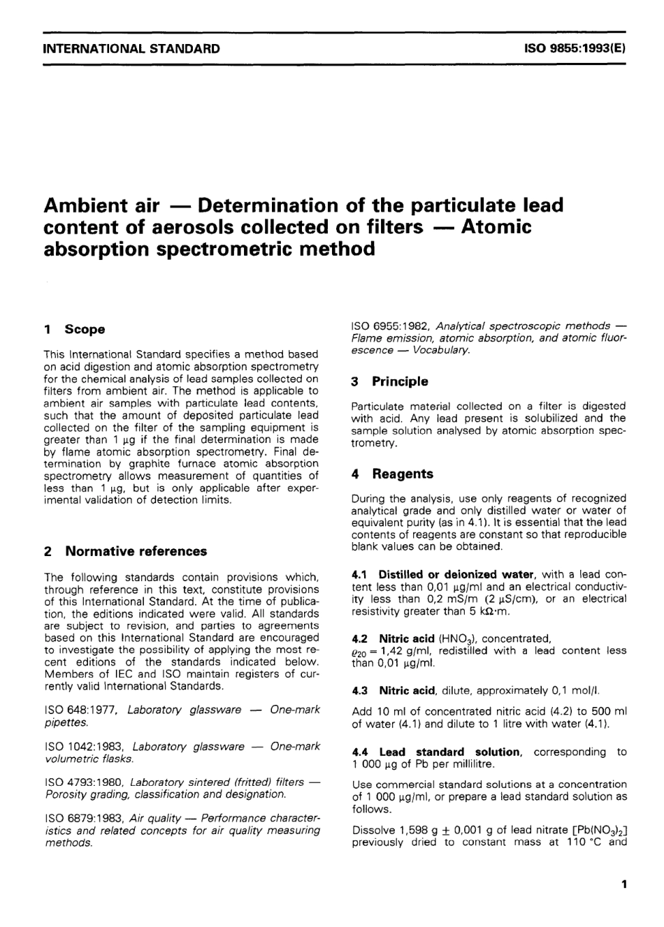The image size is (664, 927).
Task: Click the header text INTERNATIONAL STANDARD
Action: tap(131, 49)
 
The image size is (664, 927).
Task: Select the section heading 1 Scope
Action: tap(74, 329)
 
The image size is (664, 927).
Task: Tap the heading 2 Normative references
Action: tap(125, 551)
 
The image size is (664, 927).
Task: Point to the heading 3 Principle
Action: tap(389, 381)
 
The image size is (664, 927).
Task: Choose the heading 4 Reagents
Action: tap(392, 474)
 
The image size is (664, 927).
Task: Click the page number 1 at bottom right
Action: tap(623, 884)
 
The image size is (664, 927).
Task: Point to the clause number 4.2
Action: tap(361, 638)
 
